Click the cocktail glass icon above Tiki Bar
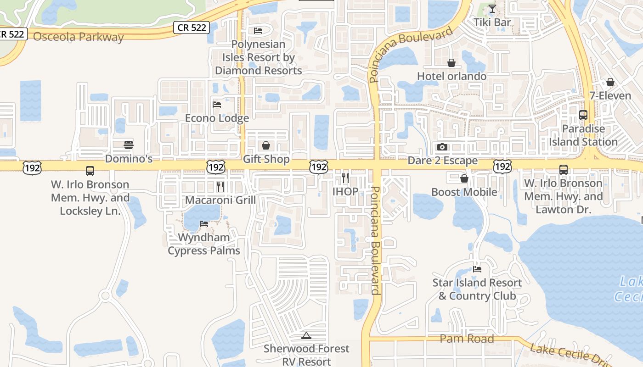pyautogui.click(x=492, y=9)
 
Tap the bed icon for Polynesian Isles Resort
pyautogui.click(x=258, y=31)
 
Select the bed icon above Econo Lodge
pyautogui.click(x=217, y=105)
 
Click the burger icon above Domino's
pyautogui.click(x=129, y=145)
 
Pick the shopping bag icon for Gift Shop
pyautogui.click(x=265, y=146)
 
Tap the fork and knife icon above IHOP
pyautogui.click(x=345, y=178)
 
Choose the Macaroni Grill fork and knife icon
pyautogui.click(x=220, y=186)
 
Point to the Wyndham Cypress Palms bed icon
pyautogui.click(x=204, y=224)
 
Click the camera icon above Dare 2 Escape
pyautogui.click(x=442, y=147)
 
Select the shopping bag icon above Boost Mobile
pyautogui.click(x=464, y=178)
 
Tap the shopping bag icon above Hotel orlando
pyautogui.click(x=451, y=62)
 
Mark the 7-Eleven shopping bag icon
pyautogui.click(x=610, y=82)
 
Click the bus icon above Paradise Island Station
pyautogui.click(x=583, y=115)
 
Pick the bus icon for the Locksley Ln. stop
pyautogui.click(x=90, y=171)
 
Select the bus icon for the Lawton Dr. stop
pyautogui.click(x=564, y=170)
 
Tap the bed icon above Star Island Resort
pyautogui.click(x=477, y=269)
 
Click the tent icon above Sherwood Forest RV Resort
pyautogui.click(x=306, y=335)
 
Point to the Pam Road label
pyautogui.click(x=467, y=339)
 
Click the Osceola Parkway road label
pyautogui.click(x=79, y=37)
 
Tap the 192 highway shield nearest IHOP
pyautogui.click(x=318, y=167)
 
